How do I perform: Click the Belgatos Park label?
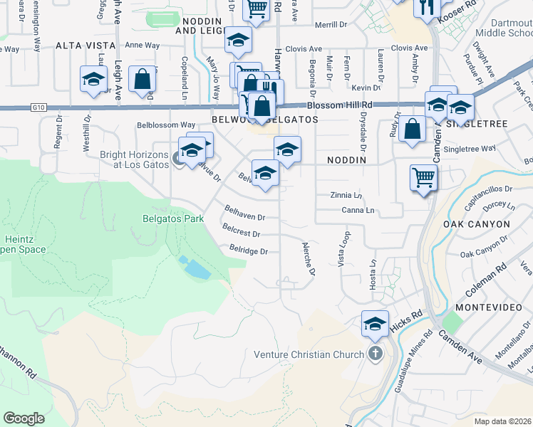(x=174, y=218)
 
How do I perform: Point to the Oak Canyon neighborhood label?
(x=476, y=224)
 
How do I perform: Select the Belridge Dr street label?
(x=249, y=251)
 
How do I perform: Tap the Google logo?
(x=24, y=418)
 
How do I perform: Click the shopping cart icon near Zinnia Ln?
(x=423, y=177)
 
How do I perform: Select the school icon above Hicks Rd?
(x=375, y=324)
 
